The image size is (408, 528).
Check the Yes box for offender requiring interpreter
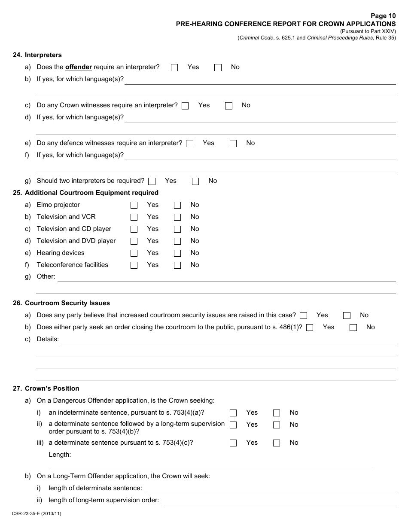[x=174, y=67]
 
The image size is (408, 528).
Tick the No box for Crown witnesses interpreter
[x=228, y=106]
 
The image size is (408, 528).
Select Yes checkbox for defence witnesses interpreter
[x=189, y=143]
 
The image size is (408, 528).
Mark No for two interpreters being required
[x=195, y=181]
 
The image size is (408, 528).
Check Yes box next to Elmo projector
[x=134, y=205]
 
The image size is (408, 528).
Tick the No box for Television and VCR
[x=177, y=217]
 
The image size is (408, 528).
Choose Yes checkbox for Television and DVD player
[x=134, y=241]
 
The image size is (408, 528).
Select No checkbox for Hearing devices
[x=177, y=253]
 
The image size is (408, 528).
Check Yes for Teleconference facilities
[x=134, y=265]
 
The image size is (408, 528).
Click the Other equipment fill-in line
[x=226, y=278]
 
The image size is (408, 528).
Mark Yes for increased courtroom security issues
[x=304, y=316]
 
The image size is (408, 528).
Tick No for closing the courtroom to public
[x=353, y=328]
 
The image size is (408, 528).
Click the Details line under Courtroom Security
[x=227, y=340]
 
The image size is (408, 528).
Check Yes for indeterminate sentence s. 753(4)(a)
[x=233, y=413]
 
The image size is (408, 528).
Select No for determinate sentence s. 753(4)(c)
[x=277, y=443]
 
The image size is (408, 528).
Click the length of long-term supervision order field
[x=279, y=501]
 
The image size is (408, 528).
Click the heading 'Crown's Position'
[x=52, y=388]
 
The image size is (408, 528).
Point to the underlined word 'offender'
[x=79, y=67]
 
